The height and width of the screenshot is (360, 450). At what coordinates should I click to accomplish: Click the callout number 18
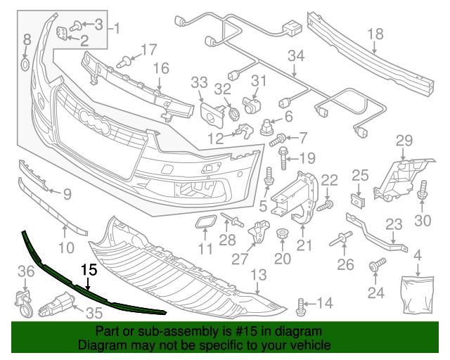[x=375, y=33]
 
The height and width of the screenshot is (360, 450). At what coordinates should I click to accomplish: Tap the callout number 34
[x=296, y=56]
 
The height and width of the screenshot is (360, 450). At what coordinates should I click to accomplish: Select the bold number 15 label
[x=89, y=269]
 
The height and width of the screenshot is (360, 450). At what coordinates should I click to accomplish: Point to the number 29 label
[x=404, y=139]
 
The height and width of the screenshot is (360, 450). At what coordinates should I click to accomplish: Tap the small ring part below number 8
[x=25, y=65]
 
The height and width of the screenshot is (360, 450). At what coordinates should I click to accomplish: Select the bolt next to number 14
[x=302, y=305]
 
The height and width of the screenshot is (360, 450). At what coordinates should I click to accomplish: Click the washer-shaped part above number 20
[x=282, y=233]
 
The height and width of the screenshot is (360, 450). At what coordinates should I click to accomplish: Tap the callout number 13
[x=259, y=274]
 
